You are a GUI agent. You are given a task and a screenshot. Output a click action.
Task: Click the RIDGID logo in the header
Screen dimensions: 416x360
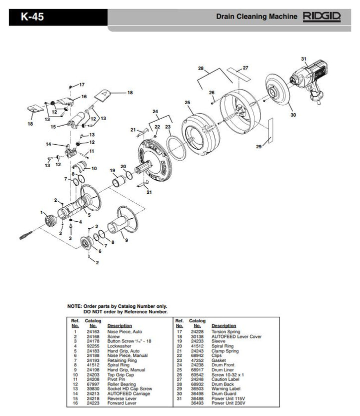tap(321, 17)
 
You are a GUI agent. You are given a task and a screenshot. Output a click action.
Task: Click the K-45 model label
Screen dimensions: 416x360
tap(32, 17)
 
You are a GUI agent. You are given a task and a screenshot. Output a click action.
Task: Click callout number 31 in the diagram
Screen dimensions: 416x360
tap(303, 59)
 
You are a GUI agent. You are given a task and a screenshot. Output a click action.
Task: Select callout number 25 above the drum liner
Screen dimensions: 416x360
tap(187, 103)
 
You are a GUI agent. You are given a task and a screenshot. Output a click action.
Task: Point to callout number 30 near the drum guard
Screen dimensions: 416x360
tap(293, 115)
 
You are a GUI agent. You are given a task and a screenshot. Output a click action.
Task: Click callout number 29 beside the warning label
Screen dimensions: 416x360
tap(259, 147)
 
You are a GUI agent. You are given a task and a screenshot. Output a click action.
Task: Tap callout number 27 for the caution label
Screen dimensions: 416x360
tap(245, 68)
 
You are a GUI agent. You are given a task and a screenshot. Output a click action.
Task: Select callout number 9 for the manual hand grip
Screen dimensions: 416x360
tap(126, 241)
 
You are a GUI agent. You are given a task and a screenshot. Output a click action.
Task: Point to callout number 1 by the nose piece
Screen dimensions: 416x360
tap(42, 213)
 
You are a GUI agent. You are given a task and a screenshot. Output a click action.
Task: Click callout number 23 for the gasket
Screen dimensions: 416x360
tap(168, 127)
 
